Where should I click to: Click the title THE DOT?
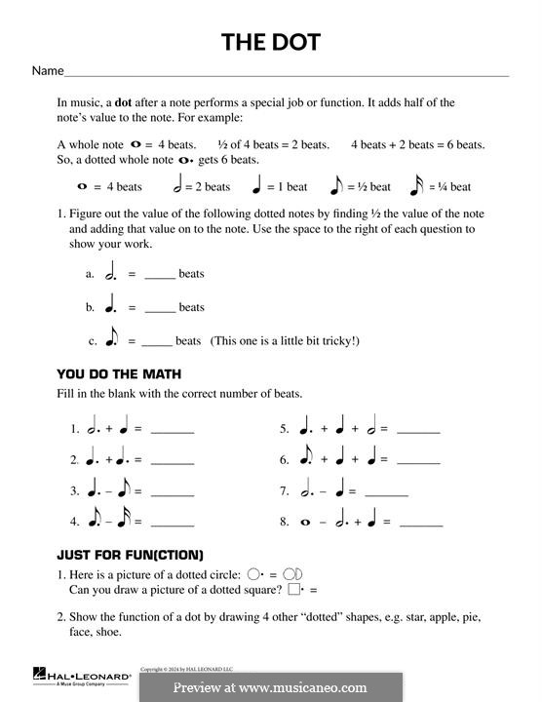270,42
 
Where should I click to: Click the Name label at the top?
48,71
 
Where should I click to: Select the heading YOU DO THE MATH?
119,374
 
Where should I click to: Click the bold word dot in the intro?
124,102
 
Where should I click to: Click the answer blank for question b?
160,308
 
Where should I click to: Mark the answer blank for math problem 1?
173,430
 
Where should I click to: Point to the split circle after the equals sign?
298,574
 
